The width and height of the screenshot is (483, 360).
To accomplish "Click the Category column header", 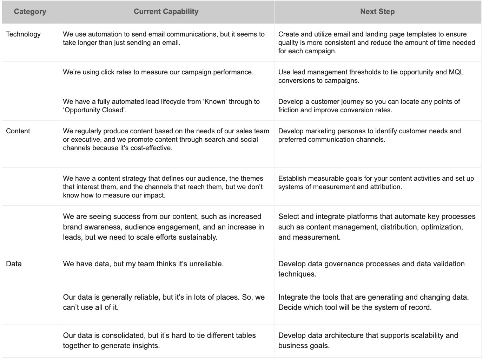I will click(30, 12).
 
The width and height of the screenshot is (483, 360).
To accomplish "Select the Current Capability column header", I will click(166, 12).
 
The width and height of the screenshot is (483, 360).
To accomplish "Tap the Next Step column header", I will click(377, 12).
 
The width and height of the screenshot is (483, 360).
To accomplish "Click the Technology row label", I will click(23, 34).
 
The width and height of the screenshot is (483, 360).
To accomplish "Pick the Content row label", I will click(18, 131).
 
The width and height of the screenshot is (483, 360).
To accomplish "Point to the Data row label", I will click(14, 264).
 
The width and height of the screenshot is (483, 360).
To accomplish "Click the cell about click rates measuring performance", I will click(158, 72).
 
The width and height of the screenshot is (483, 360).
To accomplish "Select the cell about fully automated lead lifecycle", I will click(161, 106).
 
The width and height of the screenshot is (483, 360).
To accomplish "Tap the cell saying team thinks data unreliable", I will click(143, 264).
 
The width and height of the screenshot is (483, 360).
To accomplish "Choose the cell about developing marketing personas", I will click(369, 135).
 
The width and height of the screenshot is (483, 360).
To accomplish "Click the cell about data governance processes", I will click(371, 269).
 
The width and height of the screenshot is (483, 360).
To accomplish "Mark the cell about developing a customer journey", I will click(369, 106).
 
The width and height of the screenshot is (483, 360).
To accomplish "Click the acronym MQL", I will click(456, 72).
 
